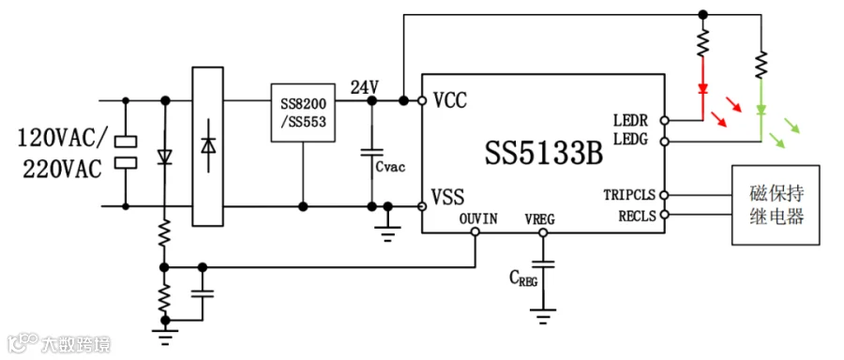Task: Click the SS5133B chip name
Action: point(544,154)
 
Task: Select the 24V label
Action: point(365,87)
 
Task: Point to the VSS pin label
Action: point(448,197)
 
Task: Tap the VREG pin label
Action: point(540,219)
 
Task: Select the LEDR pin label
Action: point(631,119)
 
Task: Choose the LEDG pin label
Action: point(631,140)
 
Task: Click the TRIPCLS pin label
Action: point(628,194)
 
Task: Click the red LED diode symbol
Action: point(702,89)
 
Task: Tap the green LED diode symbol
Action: point(761,112)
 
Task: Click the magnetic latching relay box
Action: point(776,205)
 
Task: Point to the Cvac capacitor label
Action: point(390,167)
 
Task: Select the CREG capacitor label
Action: point(523,278)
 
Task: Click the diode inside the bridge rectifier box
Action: point(208,146)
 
